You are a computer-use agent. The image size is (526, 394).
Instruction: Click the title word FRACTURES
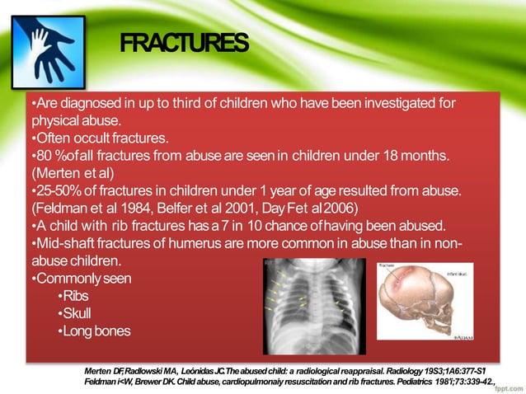click(183, 42)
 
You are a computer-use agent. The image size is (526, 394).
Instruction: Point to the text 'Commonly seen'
click(80, 279)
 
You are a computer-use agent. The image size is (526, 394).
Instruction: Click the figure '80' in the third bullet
click(41, 156)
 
